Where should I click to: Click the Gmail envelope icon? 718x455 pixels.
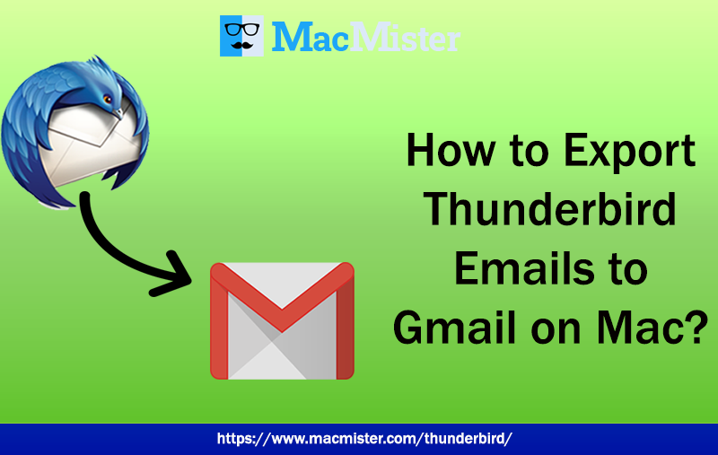click(282, 320)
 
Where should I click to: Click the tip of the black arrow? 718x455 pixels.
click(194, 277)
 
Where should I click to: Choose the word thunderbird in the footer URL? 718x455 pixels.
click(466, 439)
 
